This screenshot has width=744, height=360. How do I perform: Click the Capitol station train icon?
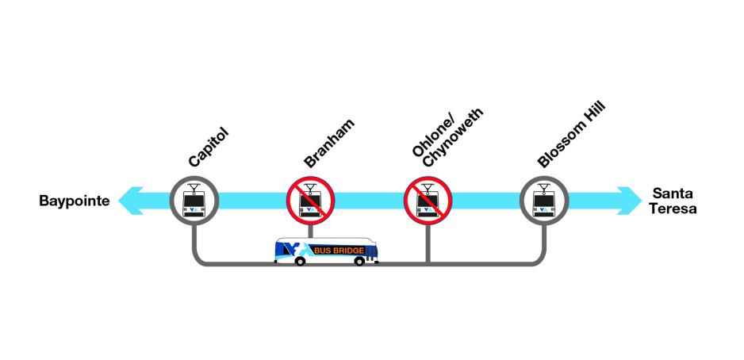click(194, 201)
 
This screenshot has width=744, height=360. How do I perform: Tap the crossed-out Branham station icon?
click(311, 201)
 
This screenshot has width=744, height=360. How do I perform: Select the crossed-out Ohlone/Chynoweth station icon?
click(428, 201)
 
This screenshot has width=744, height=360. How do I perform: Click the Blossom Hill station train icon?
click(544, 201)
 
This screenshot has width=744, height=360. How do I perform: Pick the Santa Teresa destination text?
click(674, 201)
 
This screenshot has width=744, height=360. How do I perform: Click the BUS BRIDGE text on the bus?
click(339, 251)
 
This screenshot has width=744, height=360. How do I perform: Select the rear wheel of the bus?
click(299, 261)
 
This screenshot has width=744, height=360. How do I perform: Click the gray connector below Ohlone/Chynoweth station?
click(428, 242)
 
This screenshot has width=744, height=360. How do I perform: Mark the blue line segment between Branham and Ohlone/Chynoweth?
click(369, 201)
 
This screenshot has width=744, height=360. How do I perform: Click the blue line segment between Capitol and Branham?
click(252, 201)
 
